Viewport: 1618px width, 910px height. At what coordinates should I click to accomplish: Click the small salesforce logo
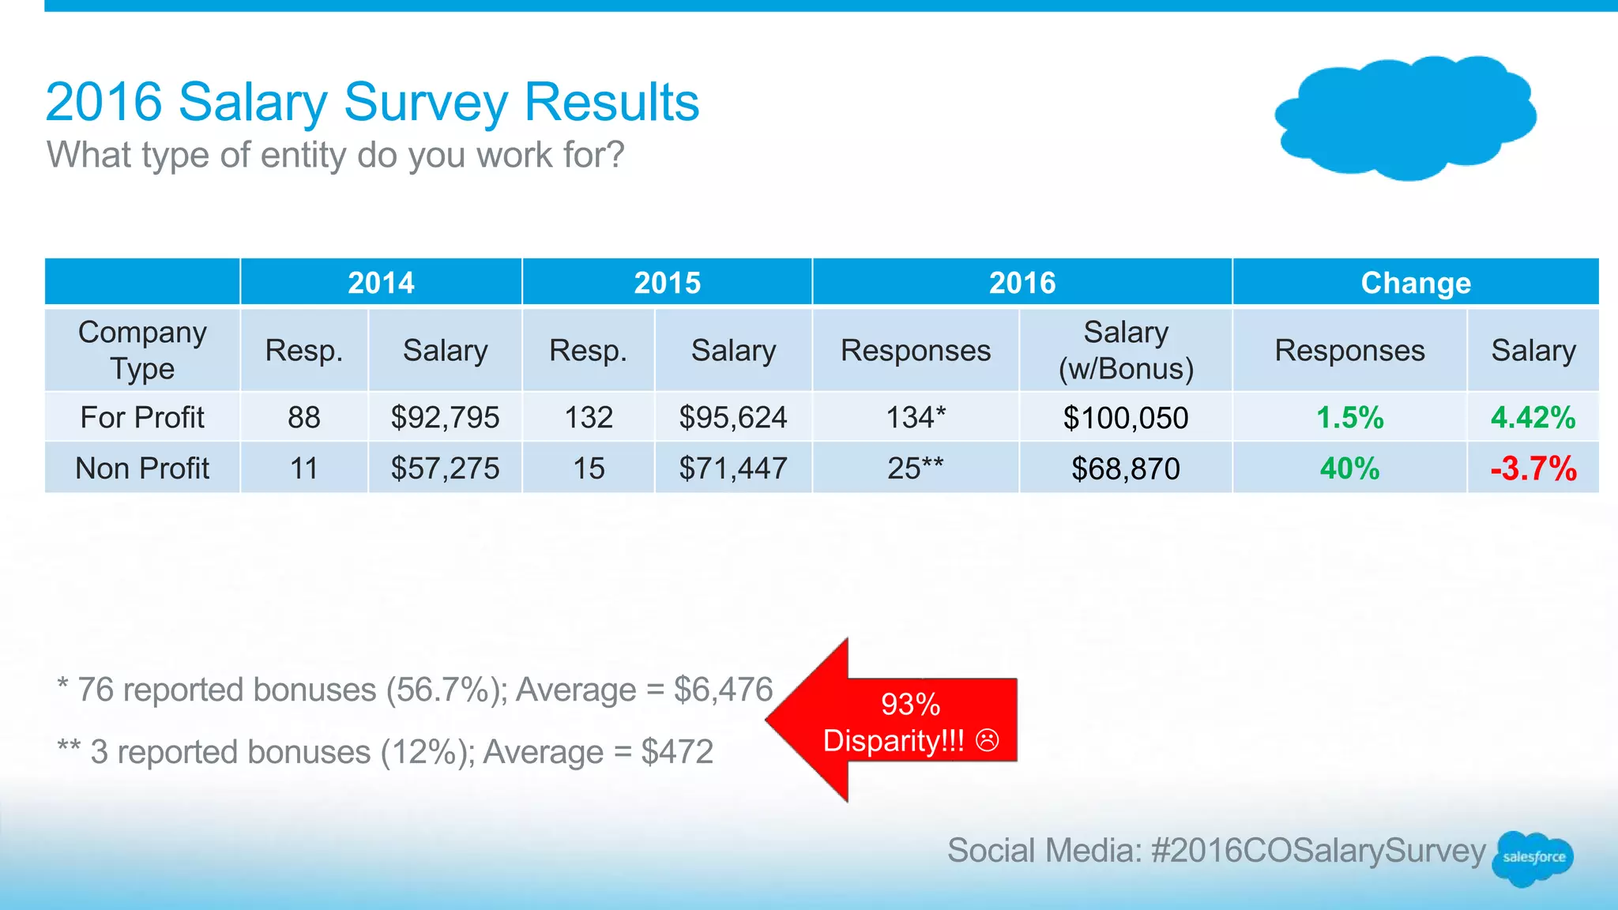point(1533,857)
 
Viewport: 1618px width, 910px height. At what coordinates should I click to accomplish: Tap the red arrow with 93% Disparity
point(893,721)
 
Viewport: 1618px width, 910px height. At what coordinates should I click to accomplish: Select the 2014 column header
point(381,283)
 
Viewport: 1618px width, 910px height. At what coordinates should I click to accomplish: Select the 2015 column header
point(667,283)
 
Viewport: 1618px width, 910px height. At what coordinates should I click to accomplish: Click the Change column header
point(1415,283)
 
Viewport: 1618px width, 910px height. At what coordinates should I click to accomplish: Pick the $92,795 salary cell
point(445,417)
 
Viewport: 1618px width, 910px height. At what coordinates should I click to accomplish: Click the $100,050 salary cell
point(1125,418)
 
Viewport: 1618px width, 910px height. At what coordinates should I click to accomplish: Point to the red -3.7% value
point(1533,468)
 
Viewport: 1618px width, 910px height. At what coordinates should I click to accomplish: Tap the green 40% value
point(1349,468)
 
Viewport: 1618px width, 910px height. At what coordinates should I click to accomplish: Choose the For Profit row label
point(142,417)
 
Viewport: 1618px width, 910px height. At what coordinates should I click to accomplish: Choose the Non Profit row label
point(142,468)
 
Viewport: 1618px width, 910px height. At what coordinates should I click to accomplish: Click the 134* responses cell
point(915,417)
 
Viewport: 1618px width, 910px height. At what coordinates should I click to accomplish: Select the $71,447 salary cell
point(733,468)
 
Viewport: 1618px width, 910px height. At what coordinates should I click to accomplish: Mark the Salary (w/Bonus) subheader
point(1125,351)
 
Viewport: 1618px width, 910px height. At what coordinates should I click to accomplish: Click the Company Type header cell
point(142,351)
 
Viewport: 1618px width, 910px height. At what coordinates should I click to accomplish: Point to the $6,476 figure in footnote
point(723,690)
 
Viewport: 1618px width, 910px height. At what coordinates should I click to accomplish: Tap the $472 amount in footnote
point(677,751)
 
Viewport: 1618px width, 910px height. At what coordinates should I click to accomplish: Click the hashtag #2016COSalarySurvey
point(1318,851)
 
